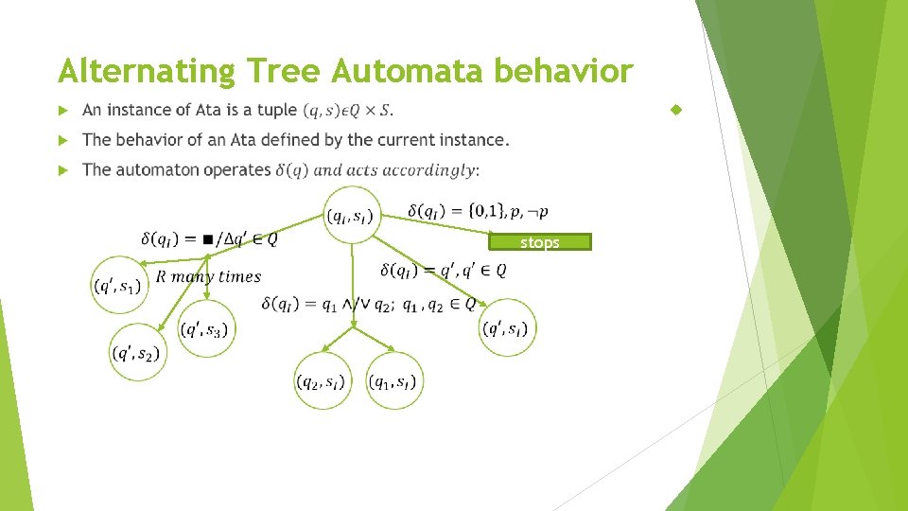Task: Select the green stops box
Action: (x=539, y=242)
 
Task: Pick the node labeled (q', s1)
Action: (x=119, y=284)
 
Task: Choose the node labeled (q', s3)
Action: (x=205, y=329)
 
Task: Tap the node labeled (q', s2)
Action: (x=137, y=352)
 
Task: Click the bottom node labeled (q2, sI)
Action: (x=323, y=380)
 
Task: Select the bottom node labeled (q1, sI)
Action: (x=394, y=380)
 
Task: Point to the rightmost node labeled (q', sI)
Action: (x=507, y=327)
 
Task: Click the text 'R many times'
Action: (x=208, y=276)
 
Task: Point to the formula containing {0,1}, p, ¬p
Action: (x=478, y=210)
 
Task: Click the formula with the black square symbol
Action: (x=209, y=238)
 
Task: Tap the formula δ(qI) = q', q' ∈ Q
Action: (x=443, y=271)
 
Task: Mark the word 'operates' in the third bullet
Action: (x=236, y=169)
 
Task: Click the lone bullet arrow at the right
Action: (x=675, y=111)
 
